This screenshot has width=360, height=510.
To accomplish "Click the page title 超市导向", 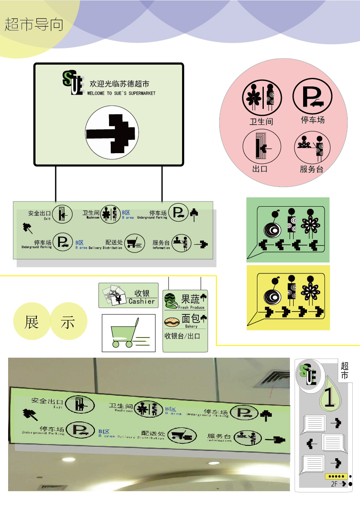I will click(x=34, y=24).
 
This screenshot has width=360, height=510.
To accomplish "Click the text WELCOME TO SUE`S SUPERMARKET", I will click(x=121, y=93).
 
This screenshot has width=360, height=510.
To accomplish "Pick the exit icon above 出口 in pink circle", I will click(x=261, y=147).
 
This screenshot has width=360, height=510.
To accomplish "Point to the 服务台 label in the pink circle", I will click(x=311, y=169).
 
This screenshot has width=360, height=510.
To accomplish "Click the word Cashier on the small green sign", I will click(x=142, y=301).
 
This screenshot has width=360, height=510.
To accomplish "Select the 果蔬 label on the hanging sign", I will click(x=191, y=299).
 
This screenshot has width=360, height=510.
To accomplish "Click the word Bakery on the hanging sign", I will click(x=191, y=326).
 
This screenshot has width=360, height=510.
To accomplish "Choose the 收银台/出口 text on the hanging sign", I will click(x=183, y=336).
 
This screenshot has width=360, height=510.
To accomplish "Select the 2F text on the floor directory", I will click(x=334, y=484).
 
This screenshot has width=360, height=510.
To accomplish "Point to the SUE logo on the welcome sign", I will click(x=72, y=83).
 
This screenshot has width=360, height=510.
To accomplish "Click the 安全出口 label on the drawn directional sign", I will click(x=39, y=213).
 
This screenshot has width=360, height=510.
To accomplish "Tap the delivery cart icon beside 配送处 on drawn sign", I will click(x=134, y=243).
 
